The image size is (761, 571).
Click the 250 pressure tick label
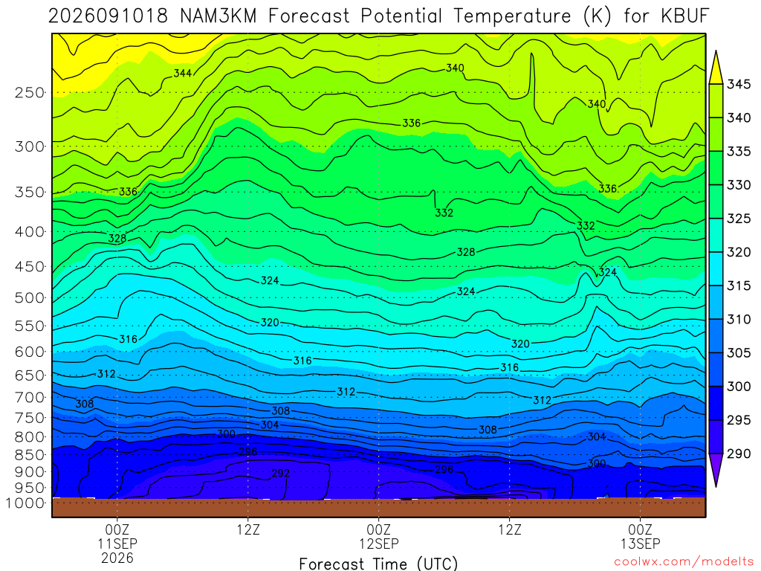coord(30,92)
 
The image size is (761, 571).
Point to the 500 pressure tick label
coord(30,297)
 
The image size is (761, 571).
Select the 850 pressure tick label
coord(30,455)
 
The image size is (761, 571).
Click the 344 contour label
coord(183,74)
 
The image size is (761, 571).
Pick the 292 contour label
coord(280,473)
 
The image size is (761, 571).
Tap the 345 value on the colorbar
coord(739,84)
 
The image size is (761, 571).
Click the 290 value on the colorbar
coord(739,454)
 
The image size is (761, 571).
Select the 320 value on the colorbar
coord(739,252)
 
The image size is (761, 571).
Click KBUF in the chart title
coord(684,16)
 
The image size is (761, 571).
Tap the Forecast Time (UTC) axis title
coord(378,564)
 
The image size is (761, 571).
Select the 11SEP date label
coord(117,543)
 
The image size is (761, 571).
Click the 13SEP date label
coord(640,543)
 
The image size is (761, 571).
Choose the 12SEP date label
coord(378,543)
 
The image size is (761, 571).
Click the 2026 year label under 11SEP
coord(117,558)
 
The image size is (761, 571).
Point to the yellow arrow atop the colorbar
coord(716,67)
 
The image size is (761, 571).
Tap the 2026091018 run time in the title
coord(108,16)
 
